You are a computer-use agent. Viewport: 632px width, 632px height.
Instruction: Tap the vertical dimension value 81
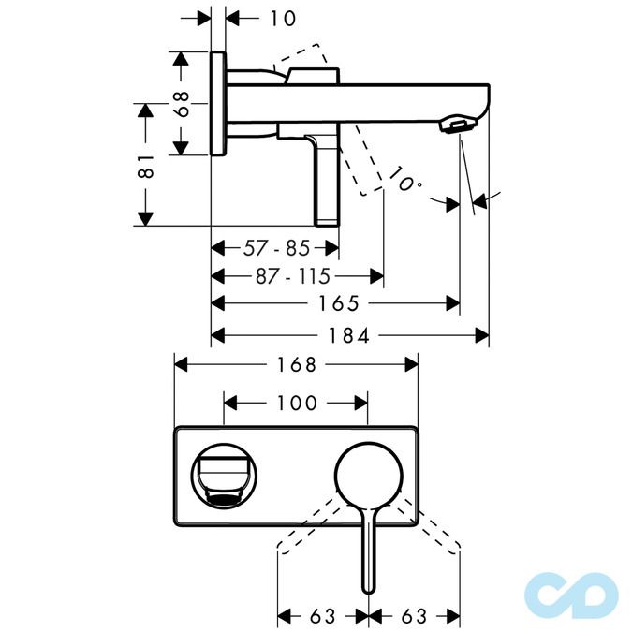coord(144,167)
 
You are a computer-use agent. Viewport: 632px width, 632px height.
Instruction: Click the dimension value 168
coord(296,364)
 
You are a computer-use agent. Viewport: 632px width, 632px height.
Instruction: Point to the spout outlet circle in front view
coord(222,475)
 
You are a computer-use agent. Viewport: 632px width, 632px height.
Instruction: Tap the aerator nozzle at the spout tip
coord(459,125)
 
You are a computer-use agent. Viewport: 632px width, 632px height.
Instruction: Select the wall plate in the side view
coord(218,102)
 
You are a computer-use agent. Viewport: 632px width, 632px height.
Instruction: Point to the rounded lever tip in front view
coord(368,584)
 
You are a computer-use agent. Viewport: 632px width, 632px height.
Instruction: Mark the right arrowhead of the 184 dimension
coord(483,334)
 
